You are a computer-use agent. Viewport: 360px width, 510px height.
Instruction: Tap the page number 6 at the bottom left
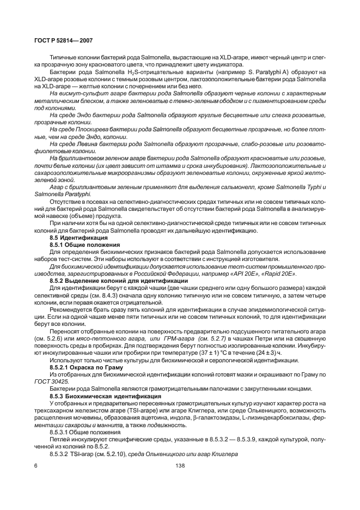(35, 465)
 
